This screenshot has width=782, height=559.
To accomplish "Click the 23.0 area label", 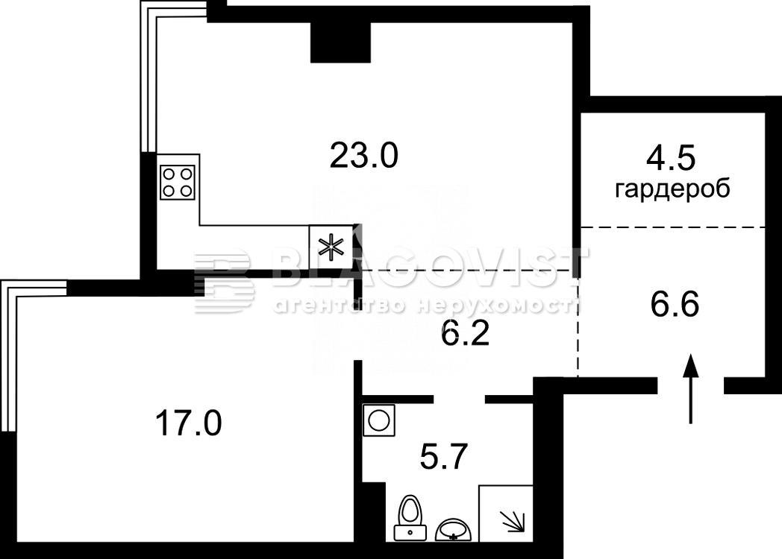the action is (x=363, y=156).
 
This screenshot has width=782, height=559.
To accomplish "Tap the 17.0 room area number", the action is (x=188, y=423).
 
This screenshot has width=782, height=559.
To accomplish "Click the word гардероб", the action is (x=672, y=190).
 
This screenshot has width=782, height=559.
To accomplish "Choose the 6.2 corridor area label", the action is (x=466, y=335).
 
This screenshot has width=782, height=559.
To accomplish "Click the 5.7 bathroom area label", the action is (x=443, y=457).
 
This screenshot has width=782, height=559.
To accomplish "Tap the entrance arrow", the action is (x=691, y=388).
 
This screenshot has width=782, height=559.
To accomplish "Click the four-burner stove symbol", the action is (x=178, y=182).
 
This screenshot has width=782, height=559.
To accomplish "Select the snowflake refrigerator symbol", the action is (x=331, y=247).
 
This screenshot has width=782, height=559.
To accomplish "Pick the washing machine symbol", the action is (x=379, y=420).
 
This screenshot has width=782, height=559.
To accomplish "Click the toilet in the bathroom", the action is (x=410, y=518).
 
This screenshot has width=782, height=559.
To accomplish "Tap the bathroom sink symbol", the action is (x=453, y=529).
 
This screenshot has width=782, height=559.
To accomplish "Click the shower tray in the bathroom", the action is (x=506, y=514).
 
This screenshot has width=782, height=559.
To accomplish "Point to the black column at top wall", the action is (x=340, y=42).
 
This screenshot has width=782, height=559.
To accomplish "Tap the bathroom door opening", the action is (x=460, y=399).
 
